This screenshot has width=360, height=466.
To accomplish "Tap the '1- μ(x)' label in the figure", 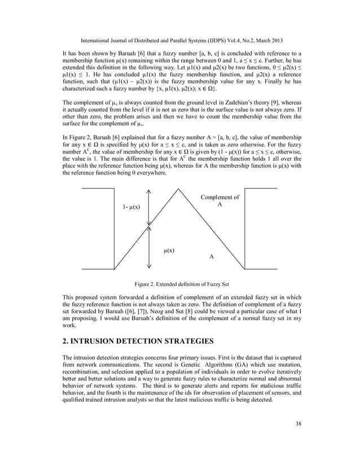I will click(133, 208).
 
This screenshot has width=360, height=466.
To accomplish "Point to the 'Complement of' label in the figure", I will click(219, 197).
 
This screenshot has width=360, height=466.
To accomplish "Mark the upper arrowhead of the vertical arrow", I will click(149, 191).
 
